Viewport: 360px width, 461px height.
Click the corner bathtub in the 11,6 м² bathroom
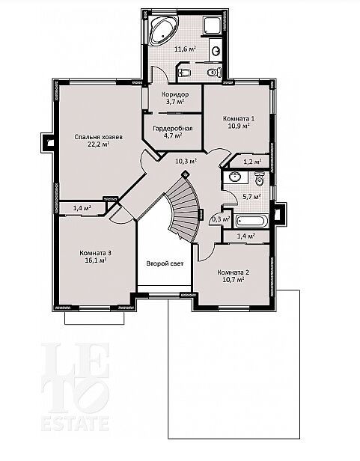[x=162, y=30]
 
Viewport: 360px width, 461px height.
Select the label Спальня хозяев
[x=98, y=137]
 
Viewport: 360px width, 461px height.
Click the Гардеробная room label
[x=173, y=129]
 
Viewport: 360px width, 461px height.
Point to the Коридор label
[x=175, y=94]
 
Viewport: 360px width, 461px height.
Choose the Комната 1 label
[x=239, y=118]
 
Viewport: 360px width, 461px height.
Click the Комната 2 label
[x=234, y=272]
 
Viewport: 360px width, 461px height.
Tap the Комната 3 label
[x=95, y=253]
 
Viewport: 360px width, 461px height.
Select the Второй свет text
[x=165, y=263]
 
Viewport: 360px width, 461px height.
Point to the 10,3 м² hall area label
[x=186, y=161]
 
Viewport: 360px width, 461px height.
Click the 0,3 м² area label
[x=221, y=219]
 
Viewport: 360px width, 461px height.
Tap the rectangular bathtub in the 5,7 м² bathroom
[x=252, y=222]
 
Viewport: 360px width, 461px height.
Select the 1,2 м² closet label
[x=253, y=162]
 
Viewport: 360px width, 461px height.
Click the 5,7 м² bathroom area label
[x=251, y=197]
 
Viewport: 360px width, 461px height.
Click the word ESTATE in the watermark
[x=75, y=423]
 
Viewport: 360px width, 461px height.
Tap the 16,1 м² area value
[x=95, y=260]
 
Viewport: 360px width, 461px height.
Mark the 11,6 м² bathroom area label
[x=186, y=49]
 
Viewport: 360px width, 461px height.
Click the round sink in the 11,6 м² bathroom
[x=216, y=51]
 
